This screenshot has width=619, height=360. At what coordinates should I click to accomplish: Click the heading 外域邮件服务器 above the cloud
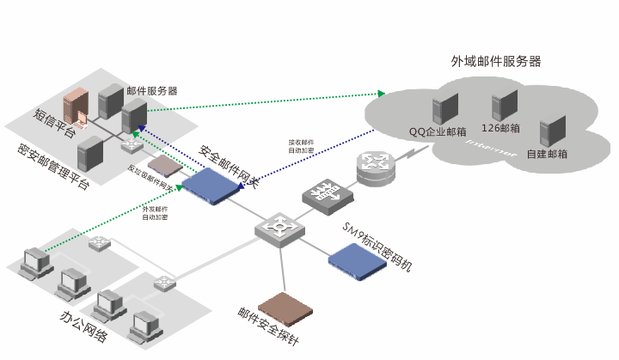click(x=496, y=62)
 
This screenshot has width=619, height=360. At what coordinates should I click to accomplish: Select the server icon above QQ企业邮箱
click(x=444, y=109)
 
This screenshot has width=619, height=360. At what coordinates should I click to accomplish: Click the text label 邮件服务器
click(x=151, y=90)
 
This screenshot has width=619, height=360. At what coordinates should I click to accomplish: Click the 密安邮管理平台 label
click(x=52, y=168)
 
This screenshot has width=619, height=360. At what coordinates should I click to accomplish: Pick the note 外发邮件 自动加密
click(x=155, y=213)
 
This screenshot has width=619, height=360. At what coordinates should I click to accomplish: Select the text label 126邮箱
click(x=500, y=129)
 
